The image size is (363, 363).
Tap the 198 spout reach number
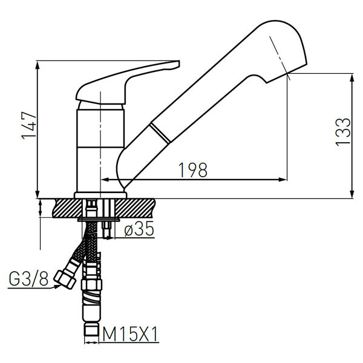(x=194, y=171)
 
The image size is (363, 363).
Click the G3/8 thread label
(x=28, y=280)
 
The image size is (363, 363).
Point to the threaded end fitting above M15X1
(x=91, y=330)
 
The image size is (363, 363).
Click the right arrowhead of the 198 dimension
(x=282, y=180)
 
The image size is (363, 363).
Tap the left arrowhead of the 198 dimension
(x=104, y=180)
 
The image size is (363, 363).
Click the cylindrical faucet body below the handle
(x=100, y=148)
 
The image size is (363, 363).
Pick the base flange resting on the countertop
(x=100, y=195)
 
